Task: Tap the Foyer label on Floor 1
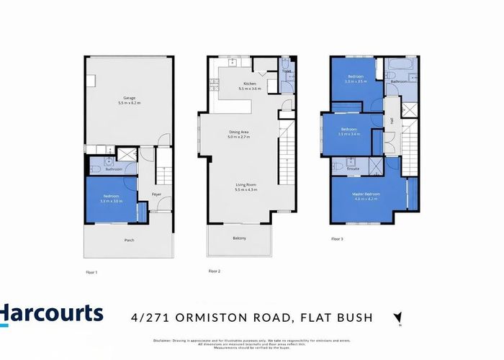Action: pos(156,194)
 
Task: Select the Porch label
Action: pos(130,240)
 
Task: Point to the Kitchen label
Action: pos(250,84)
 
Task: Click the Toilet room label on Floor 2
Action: pos(287,71)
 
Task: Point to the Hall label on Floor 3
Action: pos(392,122)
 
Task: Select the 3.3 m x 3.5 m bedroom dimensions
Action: pos(356,82)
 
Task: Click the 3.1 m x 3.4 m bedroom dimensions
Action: pos(350,134)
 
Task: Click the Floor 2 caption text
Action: pos(215,271)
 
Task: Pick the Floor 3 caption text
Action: pos(337,238)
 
